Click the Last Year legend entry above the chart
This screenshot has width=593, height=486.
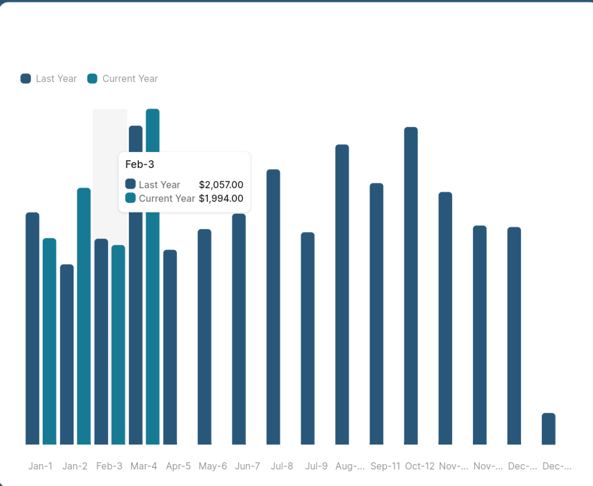pos(49,79)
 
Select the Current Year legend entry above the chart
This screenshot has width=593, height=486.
pos(122,79)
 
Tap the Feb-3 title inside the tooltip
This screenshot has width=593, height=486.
pos(140,164)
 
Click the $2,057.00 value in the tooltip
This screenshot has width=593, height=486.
pos(220,185)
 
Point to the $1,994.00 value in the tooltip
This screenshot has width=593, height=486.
pos(220,199)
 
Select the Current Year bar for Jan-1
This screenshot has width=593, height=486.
pos(49,341)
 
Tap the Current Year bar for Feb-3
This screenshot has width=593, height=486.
pos(118,345)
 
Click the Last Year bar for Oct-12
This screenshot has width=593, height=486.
pos(411,285)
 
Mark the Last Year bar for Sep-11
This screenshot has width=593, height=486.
pos(377,314)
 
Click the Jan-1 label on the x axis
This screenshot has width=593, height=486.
pos(40,466)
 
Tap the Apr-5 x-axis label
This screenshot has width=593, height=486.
pos(178,466)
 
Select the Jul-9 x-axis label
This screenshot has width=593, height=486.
pos(316,466)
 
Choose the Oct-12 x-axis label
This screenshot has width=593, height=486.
pos(419,466)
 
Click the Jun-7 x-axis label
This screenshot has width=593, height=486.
pos(247,466)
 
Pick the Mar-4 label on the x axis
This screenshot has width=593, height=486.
pos(144,466)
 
